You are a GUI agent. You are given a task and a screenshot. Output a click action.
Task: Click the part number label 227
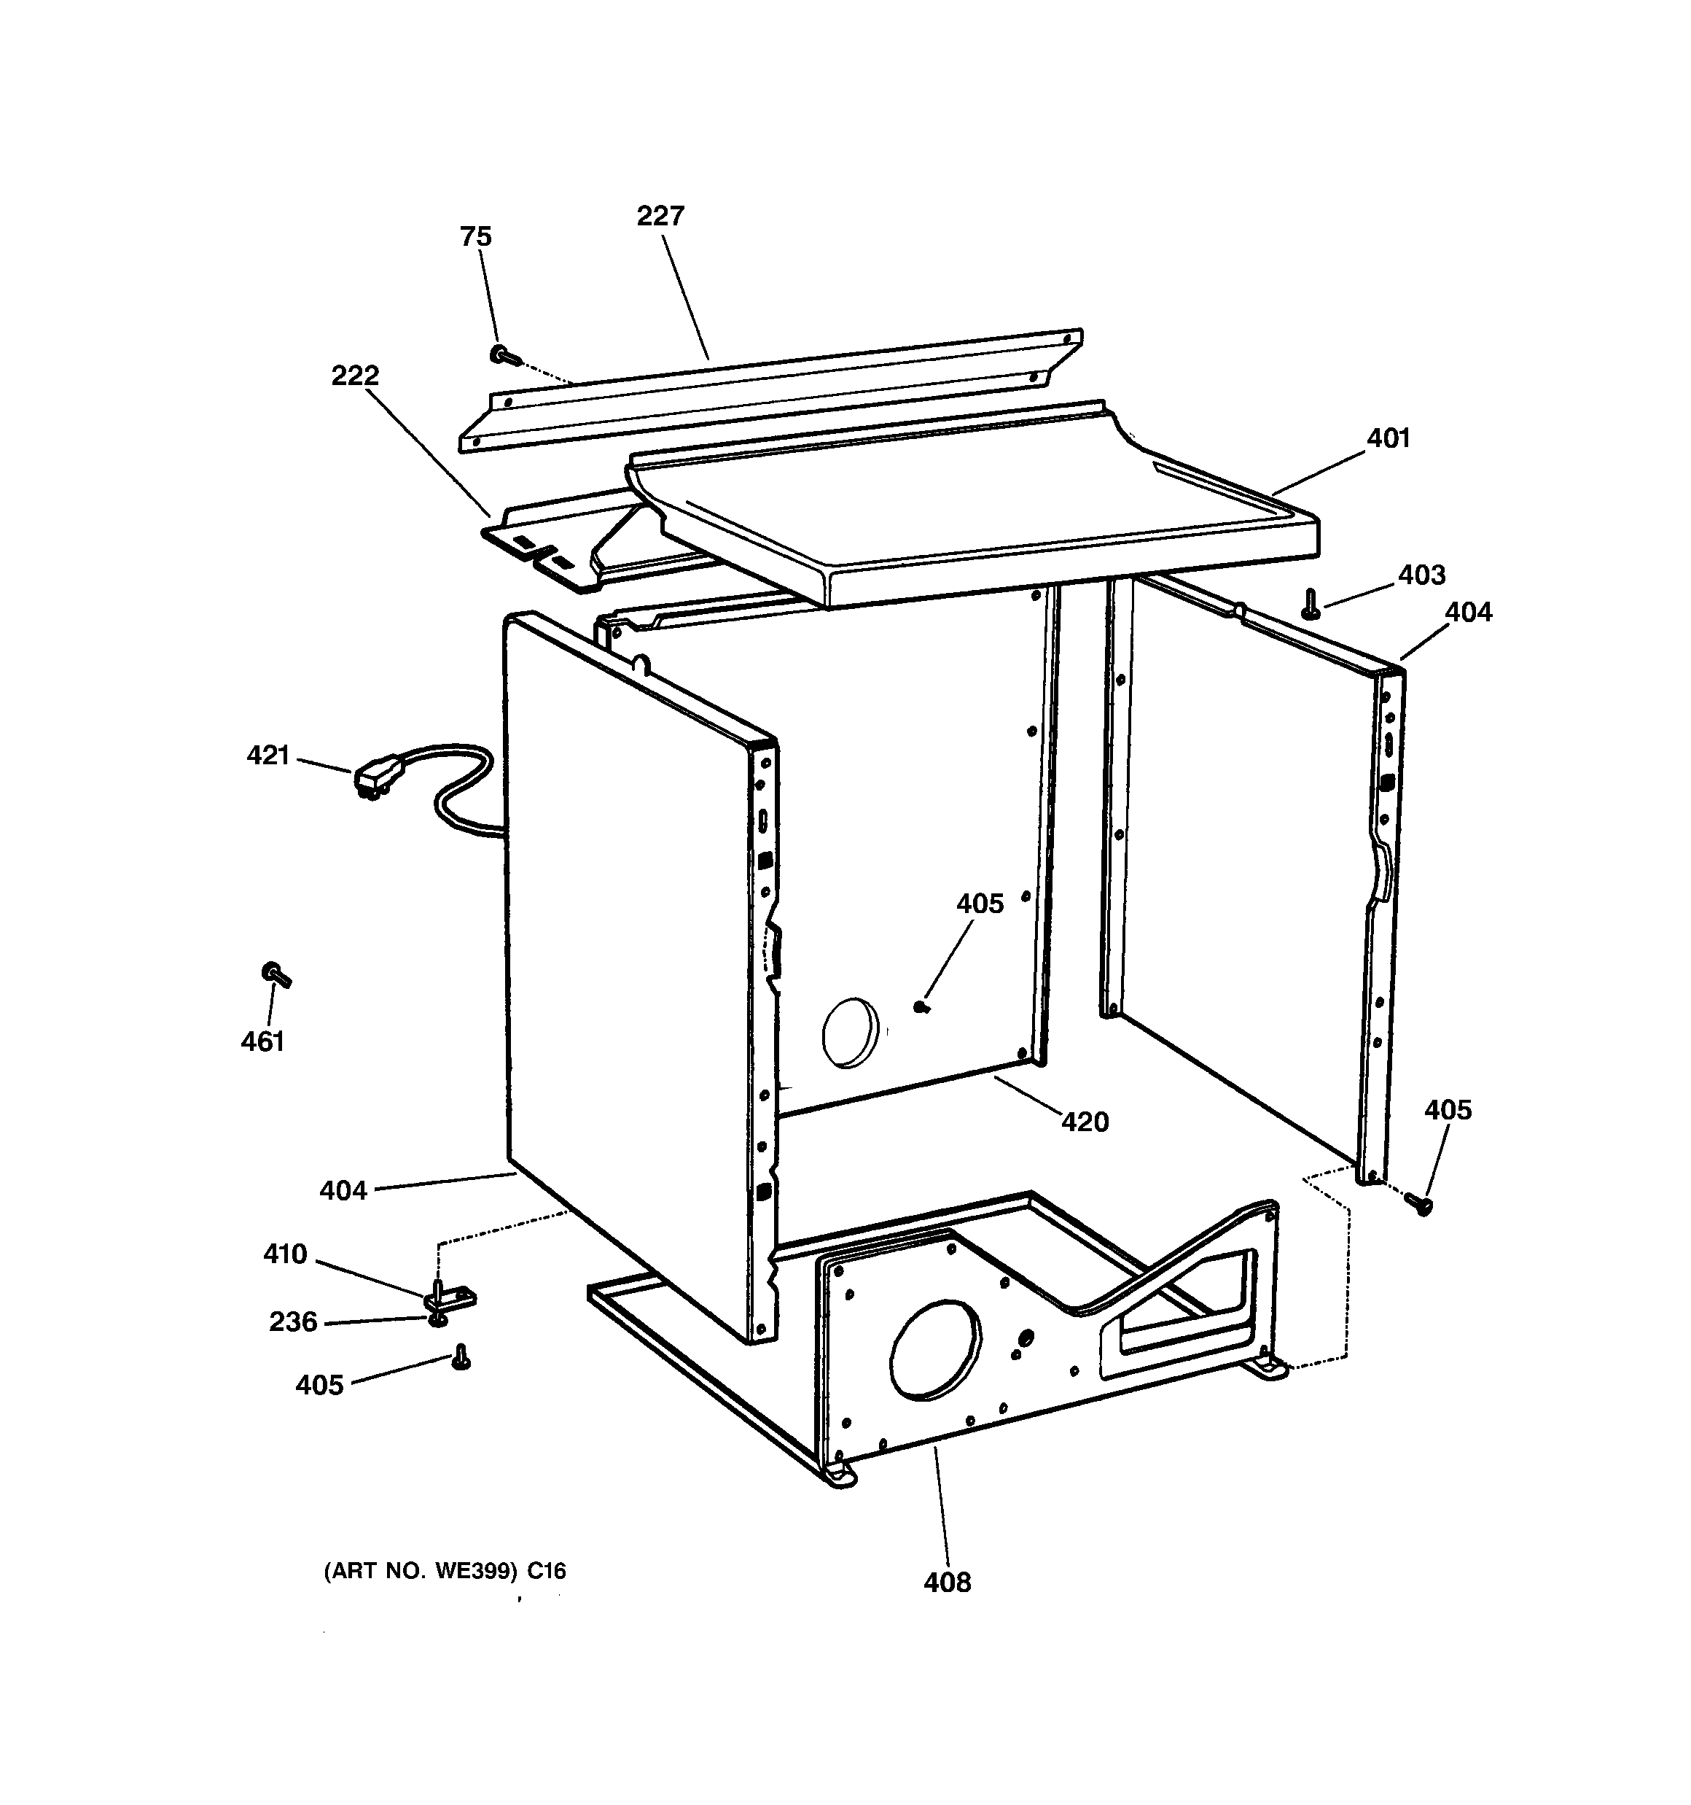[x=660, y=216]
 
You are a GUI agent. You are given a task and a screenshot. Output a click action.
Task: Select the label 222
[x=355, y=376]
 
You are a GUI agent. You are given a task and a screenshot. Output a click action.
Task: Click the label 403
[x=1421, y=575]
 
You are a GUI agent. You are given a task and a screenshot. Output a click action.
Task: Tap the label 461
[x=262, y=1041]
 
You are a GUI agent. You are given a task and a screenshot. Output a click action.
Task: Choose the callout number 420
[x=1085, y=1122]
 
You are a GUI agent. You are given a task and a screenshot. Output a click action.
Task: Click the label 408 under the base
[x=947, y=1583]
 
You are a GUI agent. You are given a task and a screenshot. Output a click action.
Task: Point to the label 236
[x=293, y=1322]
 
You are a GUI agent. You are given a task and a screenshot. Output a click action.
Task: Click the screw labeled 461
[x=276, y=975]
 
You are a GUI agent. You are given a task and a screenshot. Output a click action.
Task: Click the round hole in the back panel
[x=851, y=1033]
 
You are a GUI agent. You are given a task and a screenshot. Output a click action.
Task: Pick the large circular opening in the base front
[x=935, y=1348]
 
